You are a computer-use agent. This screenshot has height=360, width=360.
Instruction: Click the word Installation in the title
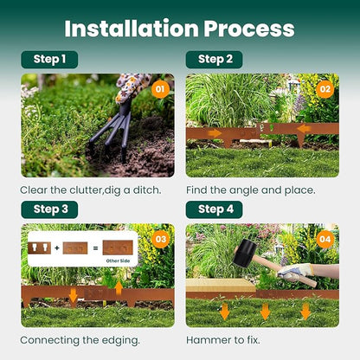(x=131, y=28)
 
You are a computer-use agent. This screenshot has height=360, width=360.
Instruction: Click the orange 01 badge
(x=159, y=88)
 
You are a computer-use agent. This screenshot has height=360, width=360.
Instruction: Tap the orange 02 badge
(x=325, y=88)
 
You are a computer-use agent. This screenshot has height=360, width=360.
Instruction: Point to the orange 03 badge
(x=159, y=239)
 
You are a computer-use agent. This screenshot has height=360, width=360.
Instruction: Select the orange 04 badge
(x=325, y=239)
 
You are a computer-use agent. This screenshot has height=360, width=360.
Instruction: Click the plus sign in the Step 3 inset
(x=56, y=248)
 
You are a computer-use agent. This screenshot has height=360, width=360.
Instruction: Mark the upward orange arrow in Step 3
(x=119, y=287)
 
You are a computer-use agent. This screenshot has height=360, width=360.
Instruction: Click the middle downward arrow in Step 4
(x=265, y=311)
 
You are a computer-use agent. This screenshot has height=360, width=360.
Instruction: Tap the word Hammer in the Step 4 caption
(x=210, y=339)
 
